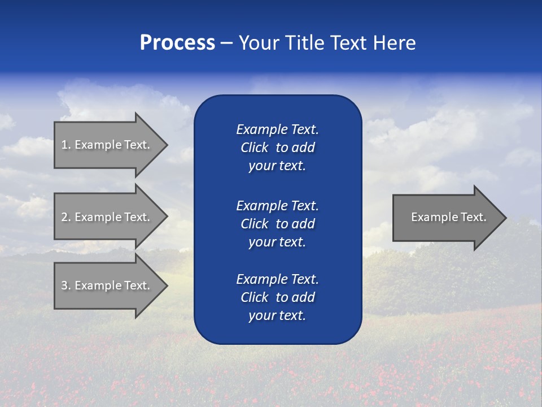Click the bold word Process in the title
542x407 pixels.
177,43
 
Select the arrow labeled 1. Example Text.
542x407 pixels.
107,145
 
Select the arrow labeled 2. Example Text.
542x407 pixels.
107,217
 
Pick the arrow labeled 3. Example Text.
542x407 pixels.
107,285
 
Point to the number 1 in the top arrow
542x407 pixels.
64,145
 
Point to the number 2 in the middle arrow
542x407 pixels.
65,217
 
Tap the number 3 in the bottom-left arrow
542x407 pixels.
65,285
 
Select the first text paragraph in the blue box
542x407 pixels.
277,148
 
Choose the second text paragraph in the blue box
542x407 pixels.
277,223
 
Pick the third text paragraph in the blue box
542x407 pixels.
277,297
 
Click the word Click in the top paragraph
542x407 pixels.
254,148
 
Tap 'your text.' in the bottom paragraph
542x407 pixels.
277,315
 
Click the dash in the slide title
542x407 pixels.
226,43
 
